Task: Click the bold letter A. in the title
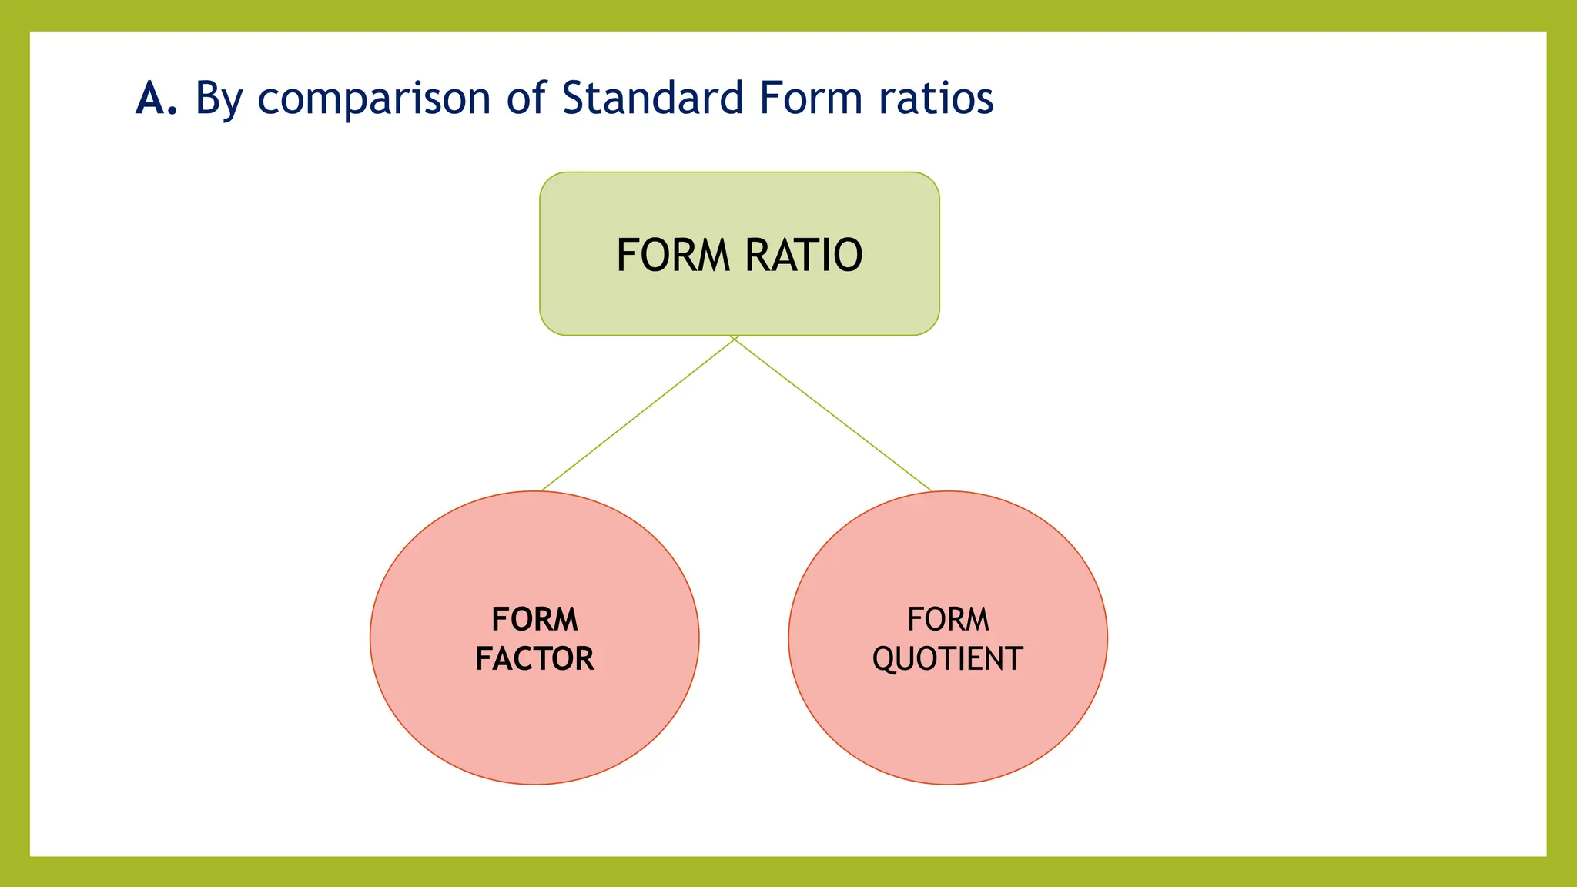point(156,99)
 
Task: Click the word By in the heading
point(219,100)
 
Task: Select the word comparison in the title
point(373,100)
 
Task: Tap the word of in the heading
point(526,99)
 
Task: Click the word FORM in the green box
point(673,256)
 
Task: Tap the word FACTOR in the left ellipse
point(534,659)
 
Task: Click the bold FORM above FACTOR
point(534,619)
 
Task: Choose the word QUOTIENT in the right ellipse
point(947,660)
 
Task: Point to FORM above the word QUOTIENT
point(948,619)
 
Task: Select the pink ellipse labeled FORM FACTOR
point(534,724)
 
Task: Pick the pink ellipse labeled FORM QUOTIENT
point(948,724)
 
